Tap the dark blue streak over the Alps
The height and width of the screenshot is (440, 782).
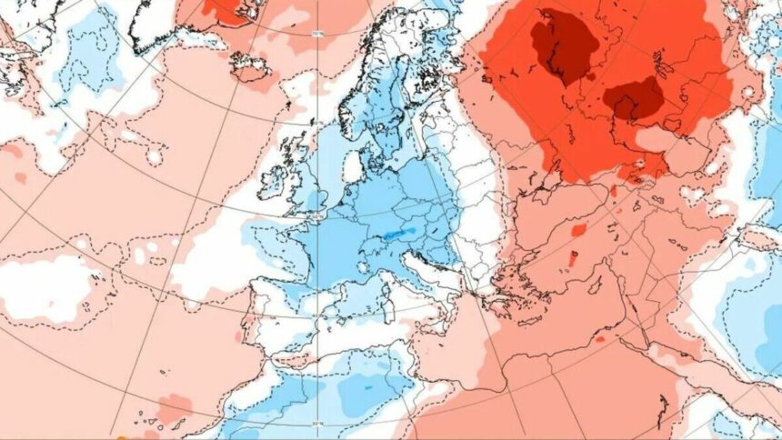pos(393,234)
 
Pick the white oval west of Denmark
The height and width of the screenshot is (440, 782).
pos(354,166)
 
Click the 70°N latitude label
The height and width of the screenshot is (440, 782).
pos(317,35)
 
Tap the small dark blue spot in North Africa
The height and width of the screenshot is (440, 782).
pos(368,386)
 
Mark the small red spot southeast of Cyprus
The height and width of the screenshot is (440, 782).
pos(600,339)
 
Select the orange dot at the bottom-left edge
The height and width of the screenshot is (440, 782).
pos(120,437)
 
